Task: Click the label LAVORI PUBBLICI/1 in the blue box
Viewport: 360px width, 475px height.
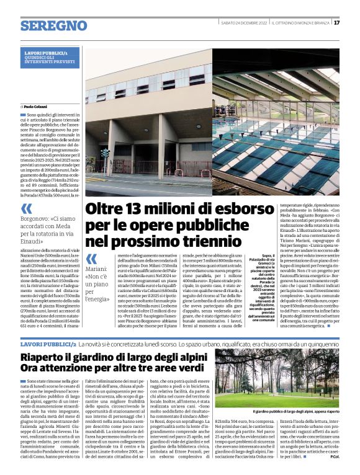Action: coord(60,53)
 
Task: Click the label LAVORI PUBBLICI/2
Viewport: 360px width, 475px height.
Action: coord(48,343)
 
